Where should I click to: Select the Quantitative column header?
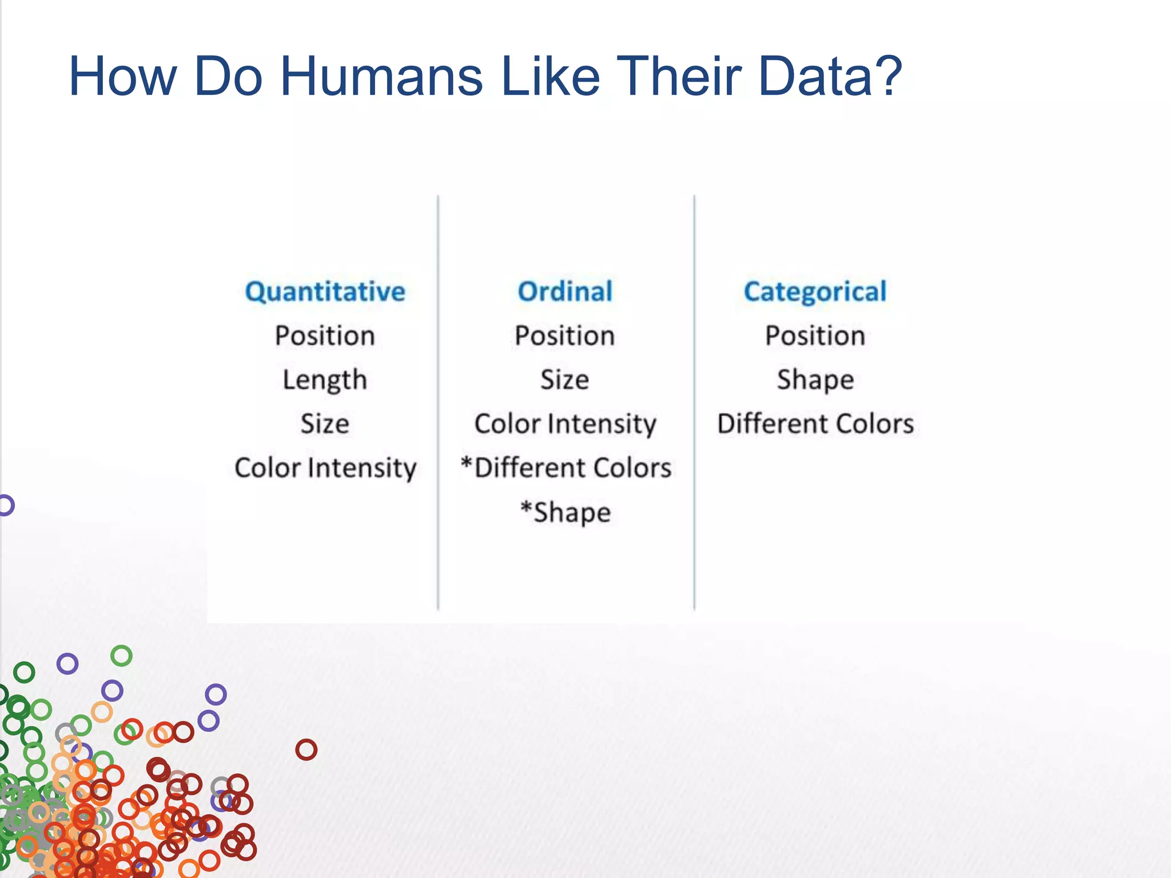coord(325,292)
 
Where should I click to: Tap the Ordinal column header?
coord(565,292)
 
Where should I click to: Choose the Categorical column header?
coord(815,292)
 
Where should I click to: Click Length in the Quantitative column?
coord(325,380)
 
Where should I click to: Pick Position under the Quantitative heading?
coord(325,336)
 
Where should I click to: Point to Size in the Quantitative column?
coord(325,424)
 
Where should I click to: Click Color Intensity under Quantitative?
coord(325,468)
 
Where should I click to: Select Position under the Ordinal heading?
coord(565,336)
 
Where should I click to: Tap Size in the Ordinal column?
coord(565,380)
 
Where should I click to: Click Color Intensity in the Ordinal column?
coord(565,424)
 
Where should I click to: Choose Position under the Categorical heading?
coord(815,336)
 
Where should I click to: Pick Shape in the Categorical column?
coord(815,380)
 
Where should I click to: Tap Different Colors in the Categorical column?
coord(815,424)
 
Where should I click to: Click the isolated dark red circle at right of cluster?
coord(306,749)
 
